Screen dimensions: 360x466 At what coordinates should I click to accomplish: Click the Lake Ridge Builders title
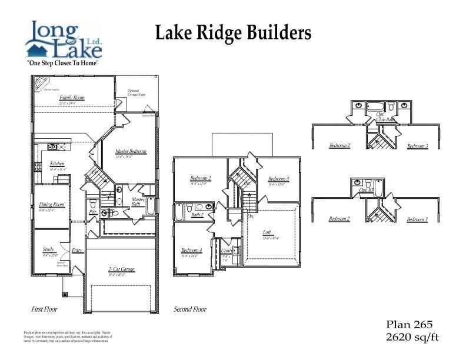click(232, 34)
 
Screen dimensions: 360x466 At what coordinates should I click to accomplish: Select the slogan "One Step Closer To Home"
click(63, 62)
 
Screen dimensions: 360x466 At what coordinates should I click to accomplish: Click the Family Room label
click(72, 98)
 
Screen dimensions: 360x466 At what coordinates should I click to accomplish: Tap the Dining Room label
click(51, 205)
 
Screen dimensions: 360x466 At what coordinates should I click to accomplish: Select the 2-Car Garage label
click(121, 269)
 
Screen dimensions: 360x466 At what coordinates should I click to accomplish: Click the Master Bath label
click(138, 202)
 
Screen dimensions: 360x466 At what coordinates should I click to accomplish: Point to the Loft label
click(267, 232)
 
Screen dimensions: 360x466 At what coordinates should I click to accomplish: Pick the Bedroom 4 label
click(192, 250)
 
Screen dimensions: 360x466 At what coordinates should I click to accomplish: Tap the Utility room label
click(226, 251)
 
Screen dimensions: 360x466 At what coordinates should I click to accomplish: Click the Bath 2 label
click(197, 215)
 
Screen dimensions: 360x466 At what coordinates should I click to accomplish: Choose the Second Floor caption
click(190, 309)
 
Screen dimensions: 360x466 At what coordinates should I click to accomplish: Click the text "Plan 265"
click(409, 325)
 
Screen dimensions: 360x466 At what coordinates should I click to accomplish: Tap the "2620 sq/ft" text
click(412, 337)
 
